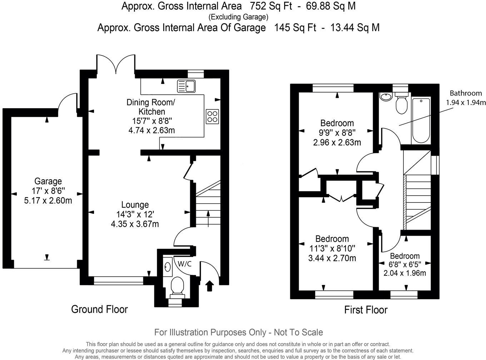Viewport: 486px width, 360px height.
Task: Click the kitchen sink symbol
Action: coord(186,86)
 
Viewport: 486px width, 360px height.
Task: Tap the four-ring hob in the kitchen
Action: coord(212,116)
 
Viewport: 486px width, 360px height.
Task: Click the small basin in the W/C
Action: coord(167,266)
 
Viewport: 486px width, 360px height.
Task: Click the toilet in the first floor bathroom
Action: coord(401,103)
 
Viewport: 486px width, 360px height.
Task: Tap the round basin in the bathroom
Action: coord(386,96)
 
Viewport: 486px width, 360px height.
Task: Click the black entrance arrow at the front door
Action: coord(209,286)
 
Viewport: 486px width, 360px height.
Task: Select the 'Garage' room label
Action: coord(48,181)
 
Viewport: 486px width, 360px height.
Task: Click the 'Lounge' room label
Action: coord(135,205)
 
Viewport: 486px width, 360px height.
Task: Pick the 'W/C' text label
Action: coord(184,264)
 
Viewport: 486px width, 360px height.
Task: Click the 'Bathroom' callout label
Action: coord(466,93)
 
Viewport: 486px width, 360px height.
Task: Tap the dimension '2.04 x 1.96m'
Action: coord(405,273)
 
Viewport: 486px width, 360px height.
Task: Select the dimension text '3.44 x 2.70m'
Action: coord(332,258)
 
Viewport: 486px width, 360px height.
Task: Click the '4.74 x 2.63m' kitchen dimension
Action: coord(152,130)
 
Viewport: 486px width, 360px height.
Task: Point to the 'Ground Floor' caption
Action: coord(99,309)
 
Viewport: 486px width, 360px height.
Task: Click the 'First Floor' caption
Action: coord(366,310)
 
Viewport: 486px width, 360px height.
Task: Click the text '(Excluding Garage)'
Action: coord(238,17)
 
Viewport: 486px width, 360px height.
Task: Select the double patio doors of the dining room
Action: coord(115,64)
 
